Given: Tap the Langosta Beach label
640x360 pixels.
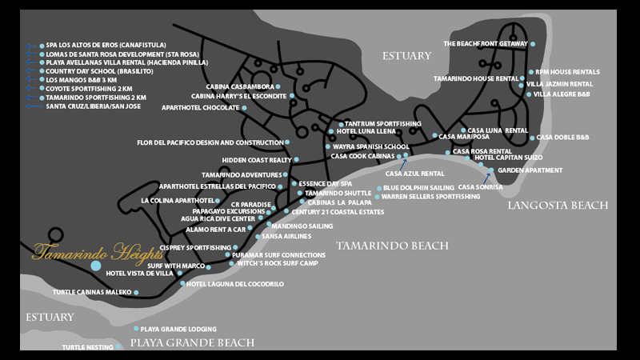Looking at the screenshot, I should pyautogui.click(x=558, y=206).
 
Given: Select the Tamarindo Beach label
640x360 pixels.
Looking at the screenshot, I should pyautogui.click(x=391, y=246).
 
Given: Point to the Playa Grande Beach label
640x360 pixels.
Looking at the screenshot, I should pyautogui.click(x=192, y=343).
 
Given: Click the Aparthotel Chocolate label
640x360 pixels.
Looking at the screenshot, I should pyautogui.click(x=200, y=107).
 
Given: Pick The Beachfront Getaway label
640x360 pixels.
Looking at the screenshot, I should pyautogui.click(x=486, y=43).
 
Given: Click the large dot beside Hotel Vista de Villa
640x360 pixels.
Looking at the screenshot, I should pyautogui.click(x=96, y=265).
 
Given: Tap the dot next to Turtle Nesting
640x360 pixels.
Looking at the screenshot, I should pyautogui.click(x=118, y=347).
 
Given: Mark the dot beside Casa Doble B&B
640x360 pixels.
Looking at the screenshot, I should pyautogui.click(x=533, y=138).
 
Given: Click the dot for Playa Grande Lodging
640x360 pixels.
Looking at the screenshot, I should pyautogui.click(x=136, y=329).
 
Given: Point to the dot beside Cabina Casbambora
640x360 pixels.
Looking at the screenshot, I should pyautogui.click(x=278, y=86).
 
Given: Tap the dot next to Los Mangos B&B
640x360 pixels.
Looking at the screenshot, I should pyautogui.click(x=42, y=80).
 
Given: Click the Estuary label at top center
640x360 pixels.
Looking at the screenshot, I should pyautogui.click(x=406, y=56).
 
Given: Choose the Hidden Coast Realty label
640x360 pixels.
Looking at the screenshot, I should pyautogui.click(x=256, y=160).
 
